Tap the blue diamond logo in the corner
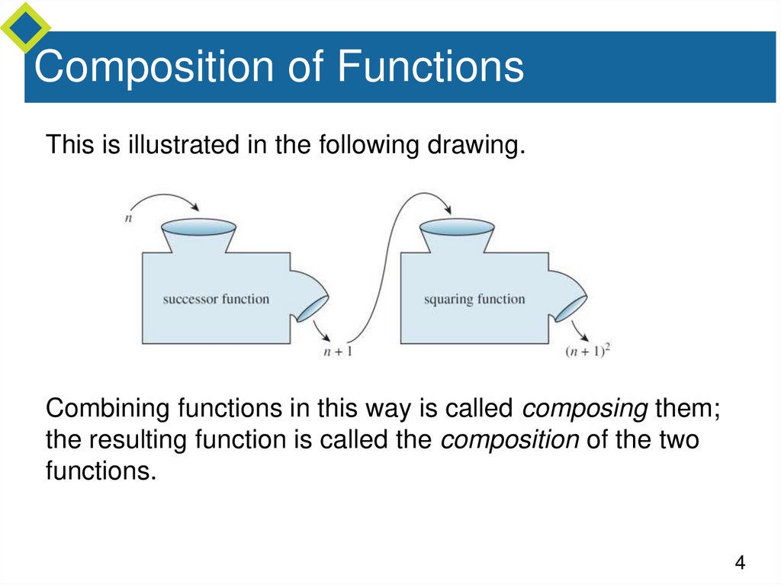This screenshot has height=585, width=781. tap(24, 26)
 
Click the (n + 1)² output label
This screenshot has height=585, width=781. tap(590, 352)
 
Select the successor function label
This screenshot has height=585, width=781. tap(216, 299)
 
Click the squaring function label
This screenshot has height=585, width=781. tap(474, 299)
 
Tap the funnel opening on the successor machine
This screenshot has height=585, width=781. tap(198, 227)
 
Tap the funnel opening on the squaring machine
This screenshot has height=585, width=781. tap(457, 227)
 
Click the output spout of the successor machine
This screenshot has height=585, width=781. tap(313, 307)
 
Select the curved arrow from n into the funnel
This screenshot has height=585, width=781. tap(164, 198)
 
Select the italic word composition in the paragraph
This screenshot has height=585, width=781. tap(509, 441)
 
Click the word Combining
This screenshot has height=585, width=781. tap(108, 409)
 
